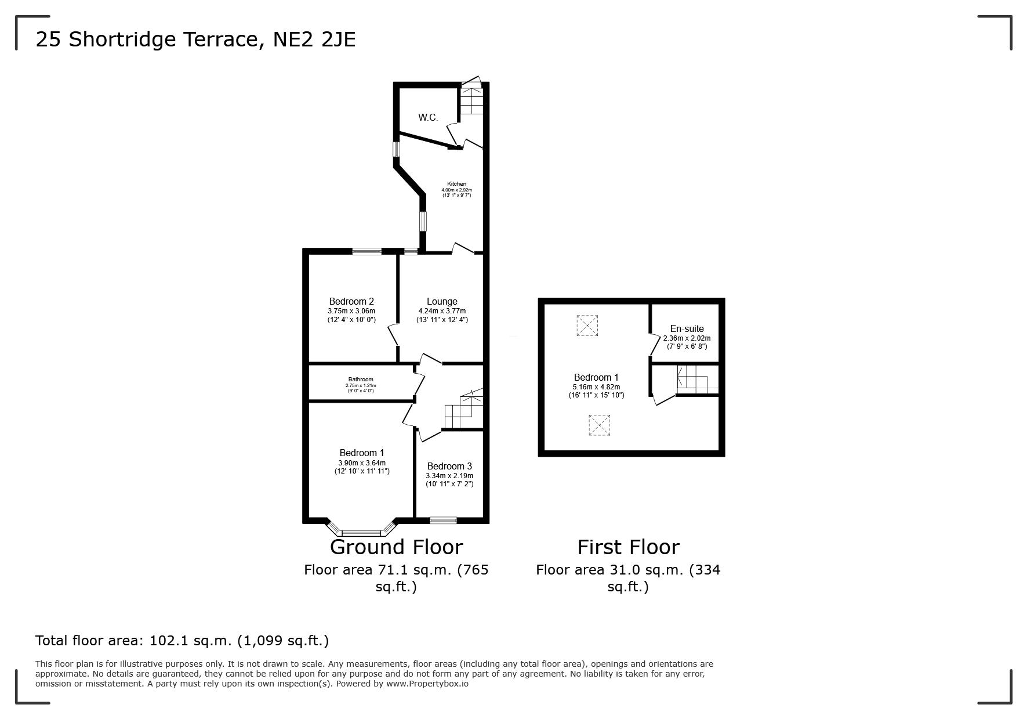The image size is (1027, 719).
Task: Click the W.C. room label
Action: (x=428, y=117)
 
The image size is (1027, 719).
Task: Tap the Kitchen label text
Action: (x=456, y=184)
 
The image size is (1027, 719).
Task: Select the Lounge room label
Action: (x=442, y=301)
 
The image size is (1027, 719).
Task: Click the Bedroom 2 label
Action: (x=351, y=301)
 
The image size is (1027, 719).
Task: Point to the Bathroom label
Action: (x=361, y=380)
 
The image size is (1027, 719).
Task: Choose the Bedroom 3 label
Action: (x=449, y=466)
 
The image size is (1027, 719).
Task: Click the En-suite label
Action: (x=687, y=328)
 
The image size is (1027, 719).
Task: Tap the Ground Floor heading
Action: (x=397, y=547)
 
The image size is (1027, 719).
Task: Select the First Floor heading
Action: (x=628, y=547)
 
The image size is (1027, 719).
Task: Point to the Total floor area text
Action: (x=182, y=641)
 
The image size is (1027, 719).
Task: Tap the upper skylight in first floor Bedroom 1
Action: (x=587, y=326)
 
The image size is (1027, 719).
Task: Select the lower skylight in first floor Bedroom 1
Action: (x=600, y=425)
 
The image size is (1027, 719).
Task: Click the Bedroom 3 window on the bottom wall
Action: (x=443, y=520)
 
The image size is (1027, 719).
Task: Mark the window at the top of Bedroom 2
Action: (x=366, y=251)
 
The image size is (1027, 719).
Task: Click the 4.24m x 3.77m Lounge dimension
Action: (x=442, y=311)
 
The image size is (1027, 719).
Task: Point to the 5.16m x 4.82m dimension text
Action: (x=596, y=387)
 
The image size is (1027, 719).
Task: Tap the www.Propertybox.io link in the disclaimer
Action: (x=427, y=684)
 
